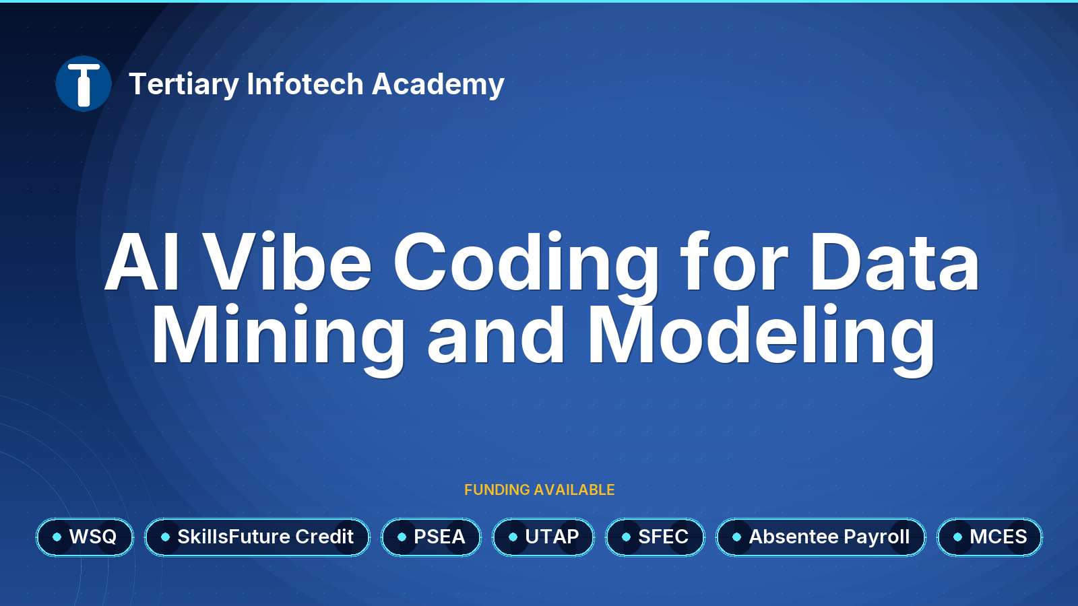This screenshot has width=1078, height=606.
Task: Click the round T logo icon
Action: [x=84, y=83]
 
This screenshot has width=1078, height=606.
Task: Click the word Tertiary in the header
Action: [x=184, y=85]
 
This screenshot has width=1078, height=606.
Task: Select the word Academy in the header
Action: [x=438, y=85]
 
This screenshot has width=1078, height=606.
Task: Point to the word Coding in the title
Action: [x=526, y=267]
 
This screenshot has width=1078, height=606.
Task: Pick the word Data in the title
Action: [x=895, y=262]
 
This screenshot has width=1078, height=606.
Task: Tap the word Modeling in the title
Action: [x=761, y=339]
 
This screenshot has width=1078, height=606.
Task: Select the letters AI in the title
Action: [x=142, y=262]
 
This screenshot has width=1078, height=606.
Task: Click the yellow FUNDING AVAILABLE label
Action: [x=539, y=490]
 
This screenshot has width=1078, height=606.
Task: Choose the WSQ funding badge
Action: [x=85, y=537]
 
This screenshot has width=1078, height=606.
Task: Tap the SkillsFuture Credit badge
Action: [x=257, y=537]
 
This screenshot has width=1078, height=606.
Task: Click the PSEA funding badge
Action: [x=431, y=537]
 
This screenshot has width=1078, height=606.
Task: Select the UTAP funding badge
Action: [x=543, y=537]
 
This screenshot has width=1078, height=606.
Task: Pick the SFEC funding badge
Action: [x=655, y=537]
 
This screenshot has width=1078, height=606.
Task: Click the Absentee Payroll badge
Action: [x=821, y=537]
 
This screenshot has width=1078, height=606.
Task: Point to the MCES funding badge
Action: [x=990, y=537]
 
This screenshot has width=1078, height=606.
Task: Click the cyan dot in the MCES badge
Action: [x=957, y=537]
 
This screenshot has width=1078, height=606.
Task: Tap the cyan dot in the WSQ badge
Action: [x=57, y=537]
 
